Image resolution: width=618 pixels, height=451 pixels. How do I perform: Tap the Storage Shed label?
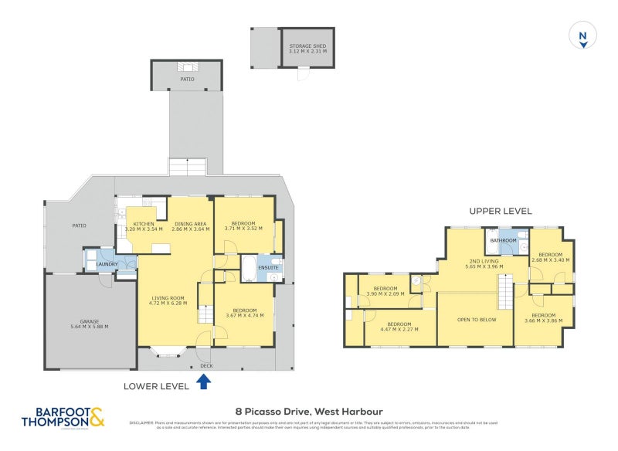(x=307, y=49)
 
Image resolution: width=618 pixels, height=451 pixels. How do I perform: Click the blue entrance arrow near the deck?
(x=204, y=381)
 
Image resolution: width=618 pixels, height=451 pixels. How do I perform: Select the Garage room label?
(x=89, y=324)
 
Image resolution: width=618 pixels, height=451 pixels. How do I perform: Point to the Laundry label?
(x=107, y=264)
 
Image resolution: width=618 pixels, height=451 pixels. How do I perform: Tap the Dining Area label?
(x=189, y=226)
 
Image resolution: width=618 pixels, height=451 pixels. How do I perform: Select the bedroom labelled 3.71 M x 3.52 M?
(x=244, y=226)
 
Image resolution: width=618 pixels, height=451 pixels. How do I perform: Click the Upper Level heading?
(x=500, y=211)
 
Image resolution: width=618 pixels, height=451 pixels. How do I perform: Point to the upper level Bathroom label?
(x=504, y=240)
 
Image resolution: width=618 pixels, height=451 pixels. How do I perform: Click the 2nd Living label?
(x=484, y=264)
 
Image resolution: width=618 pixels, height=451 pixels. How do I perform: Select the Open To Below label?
(x=477, y=319)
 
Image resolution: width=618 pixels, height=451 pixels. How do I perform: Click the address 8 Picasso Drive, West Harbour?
(x=309, y=412)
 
